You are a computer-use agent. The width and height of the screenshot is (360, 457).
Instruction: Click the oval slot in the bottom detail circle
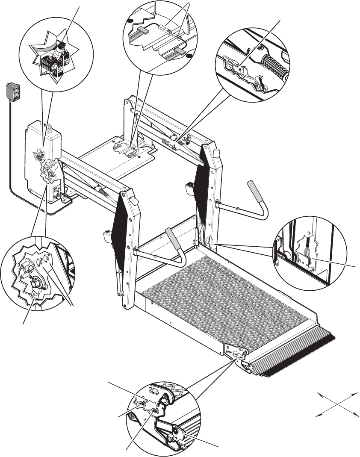pos(152,390)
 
